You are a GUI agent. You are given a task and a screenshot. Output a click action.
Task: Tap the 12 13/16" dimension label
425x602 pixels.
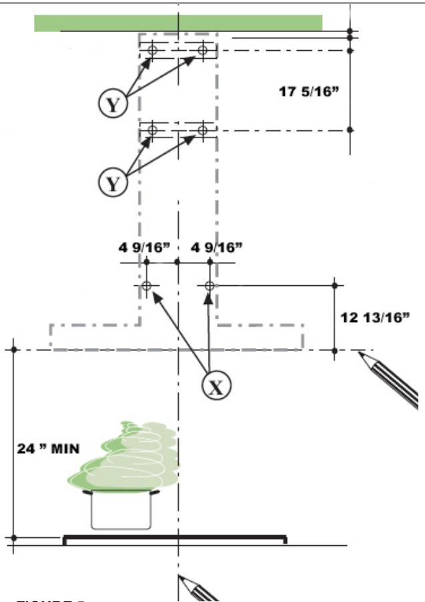[x=374, y=317]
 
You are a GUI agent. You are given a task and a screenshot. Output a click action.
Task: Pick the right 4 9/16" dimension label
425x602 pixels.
[x=216, y=247]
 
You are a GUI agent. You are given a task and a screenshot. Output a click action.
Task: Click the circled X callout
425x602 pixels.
[x=216, y=387]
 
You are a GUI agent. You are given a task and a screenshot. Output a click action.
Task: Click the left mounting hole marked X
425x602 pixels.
[x=147, y=286]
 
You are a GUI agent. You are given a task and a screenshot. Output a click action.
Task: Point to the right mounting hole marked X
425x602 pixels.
[x=209, y=286]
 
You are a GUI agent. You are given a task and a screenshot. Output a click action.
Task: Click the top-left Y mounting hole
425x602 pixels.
[x=152, y=50]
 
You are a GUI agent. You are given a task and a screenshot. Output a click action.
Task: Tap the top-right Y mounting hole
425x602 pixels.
[x=203, y=50]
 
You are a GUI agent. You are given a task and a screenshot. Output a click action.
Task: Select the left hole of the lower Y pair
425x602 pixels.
[x=152, y=130]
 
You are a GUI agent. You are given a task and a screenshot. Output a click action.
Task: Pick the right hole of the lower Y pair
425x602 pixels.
[x=203, y=130]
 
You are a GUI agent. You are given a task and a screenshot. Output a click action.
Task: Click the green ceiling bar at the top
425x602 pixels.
[x=178, y=23]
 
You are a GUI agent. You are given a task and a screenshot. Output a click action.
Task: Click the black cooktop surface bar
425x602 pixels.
[x=175, y=537]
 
